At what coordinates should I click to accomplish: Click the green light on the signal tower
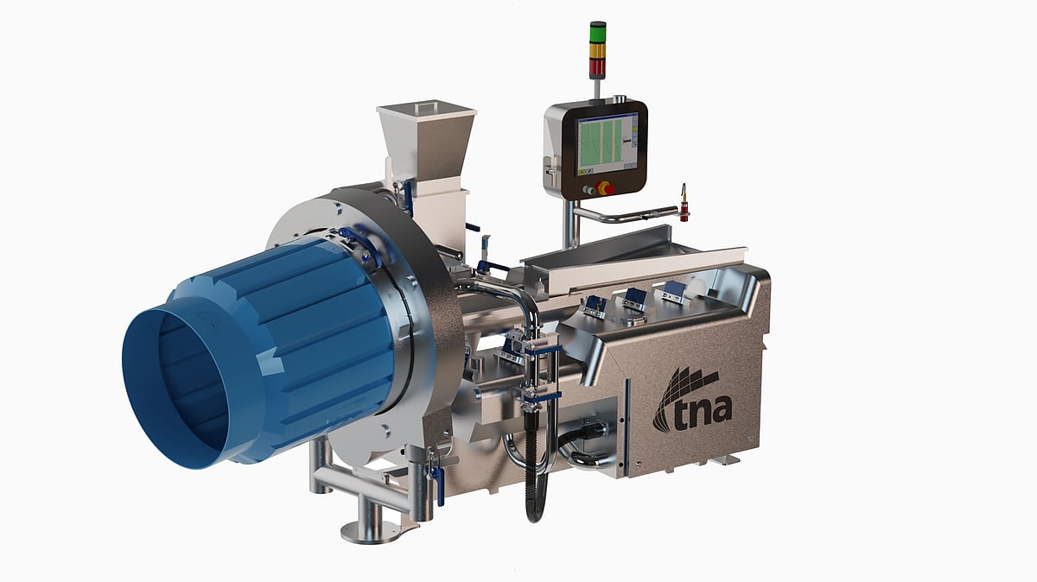(x=597, y=34)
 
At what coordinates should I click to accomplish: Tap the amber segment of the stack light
(x=597, y=50)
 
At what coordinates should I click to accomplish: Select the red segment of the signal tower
(x=597, y=66)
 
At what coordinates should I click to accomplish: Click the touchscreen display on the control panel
(x=607, y=144)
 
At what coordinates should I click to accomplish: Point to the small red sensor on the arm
(x=684, y=204)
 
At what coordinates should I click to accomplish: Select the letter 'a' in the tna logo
(x=720, y=414)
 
